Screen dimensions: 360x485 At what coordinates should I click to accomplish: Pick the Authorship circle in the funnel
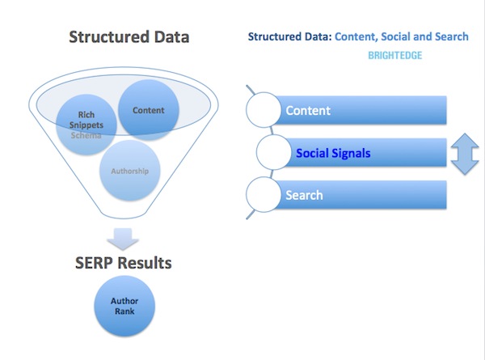[x=129, y=171]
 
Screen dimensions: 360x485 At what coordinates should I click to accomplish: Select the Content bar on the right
[x=364, y=110]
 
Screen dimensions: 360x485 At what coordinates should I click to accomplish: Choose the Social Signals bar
[x=364, y=153]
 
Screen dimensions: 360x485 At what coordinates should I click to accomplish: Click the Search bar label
[x=305, y=195]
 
